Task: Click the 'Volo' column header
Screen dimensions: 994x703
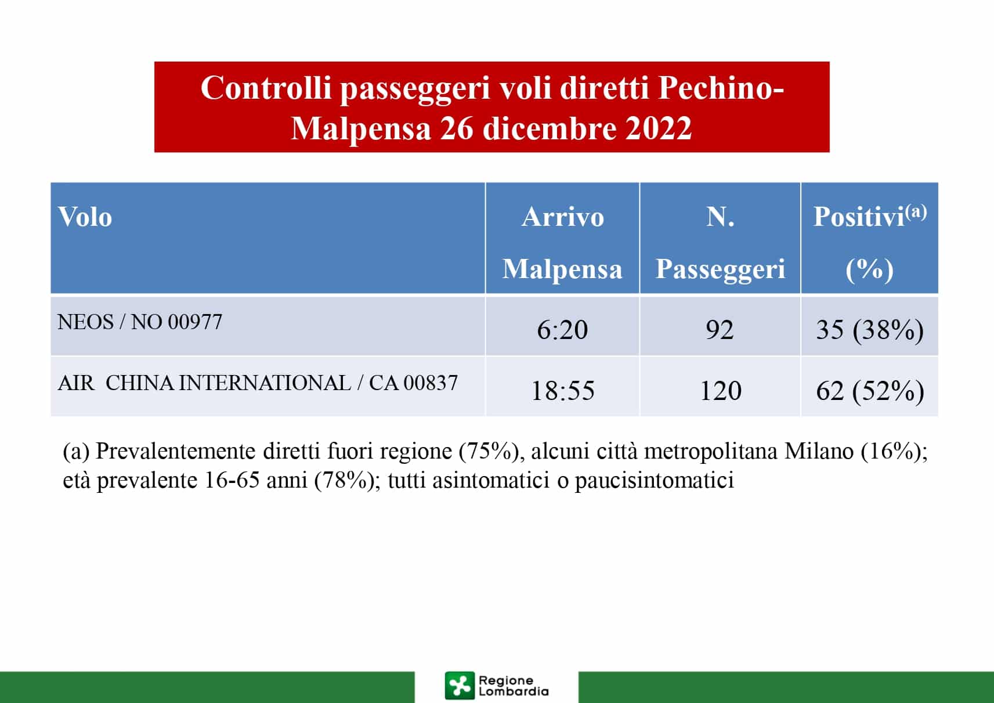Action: (x=85, y=217)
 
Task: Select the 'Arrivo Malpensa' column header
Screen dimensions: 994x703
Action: (x=562, y=243)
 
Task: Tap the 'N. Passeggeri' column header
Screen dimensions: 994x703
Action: (x=720, y=243)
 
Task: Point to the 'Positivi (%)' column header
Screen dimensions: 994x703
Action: (x=870, y=243)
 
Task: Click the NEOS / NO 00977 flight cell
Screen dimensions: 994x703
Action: (x=140, y=322)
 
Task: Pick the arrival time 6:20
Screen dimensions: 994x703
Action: (x=562, y=330)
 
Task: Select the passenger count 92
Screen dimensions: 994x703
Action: (x=720, y=330)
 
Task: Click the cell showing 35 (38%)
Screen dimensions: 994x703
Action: (x=870, y=330)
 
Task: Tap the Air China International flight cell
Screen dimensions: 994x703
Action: (x=258, y=383)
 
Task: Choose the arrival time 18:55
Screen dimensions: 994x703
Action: (x=563, y=391)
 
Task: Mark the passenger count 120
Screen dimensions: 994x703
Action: (x=720, y=391)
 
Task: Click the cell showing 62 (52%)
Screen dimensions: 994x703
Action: (x=870, y=391)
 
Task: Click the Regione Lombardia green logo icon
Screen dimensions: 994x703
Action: (x=459, y=685)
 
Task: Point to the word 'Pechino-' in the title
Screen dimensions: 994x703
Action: (x=721, y=88)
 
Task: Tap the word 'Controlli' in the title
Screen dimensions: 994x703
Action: (x=266, y=88)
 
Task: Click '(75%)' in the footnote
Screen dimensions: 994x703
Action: (x=489, y=452)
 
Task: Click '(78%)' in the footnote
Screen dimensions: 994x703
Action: (x=344, y=480)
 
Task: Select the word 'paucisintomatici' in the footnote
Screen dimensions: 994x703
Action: (x=655, y=481)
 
